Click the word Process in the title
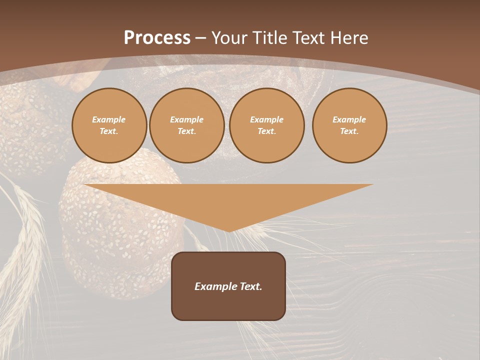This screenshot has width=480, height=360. point(157,38)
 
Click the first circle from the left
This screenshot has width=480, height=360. point(109,125)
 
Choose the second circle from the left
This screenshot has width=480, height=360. point(187,125)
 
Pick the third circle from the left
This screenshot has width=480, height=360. point(266,125)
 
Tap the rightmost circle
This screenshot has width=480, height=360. point(349,125)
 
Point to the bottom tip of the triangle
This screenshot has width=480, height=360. point(228,230)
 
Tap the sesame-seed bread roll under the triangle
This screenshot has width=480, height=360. point(120,250)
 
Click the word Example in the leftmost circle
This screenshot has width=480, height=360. point(109,119)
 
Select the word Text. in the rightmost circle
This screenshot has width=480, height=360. point(349,131)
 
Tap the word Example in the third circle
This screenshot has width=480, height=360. point(266,119)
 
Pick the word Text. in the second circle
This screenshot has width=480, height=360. point(187,131)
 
